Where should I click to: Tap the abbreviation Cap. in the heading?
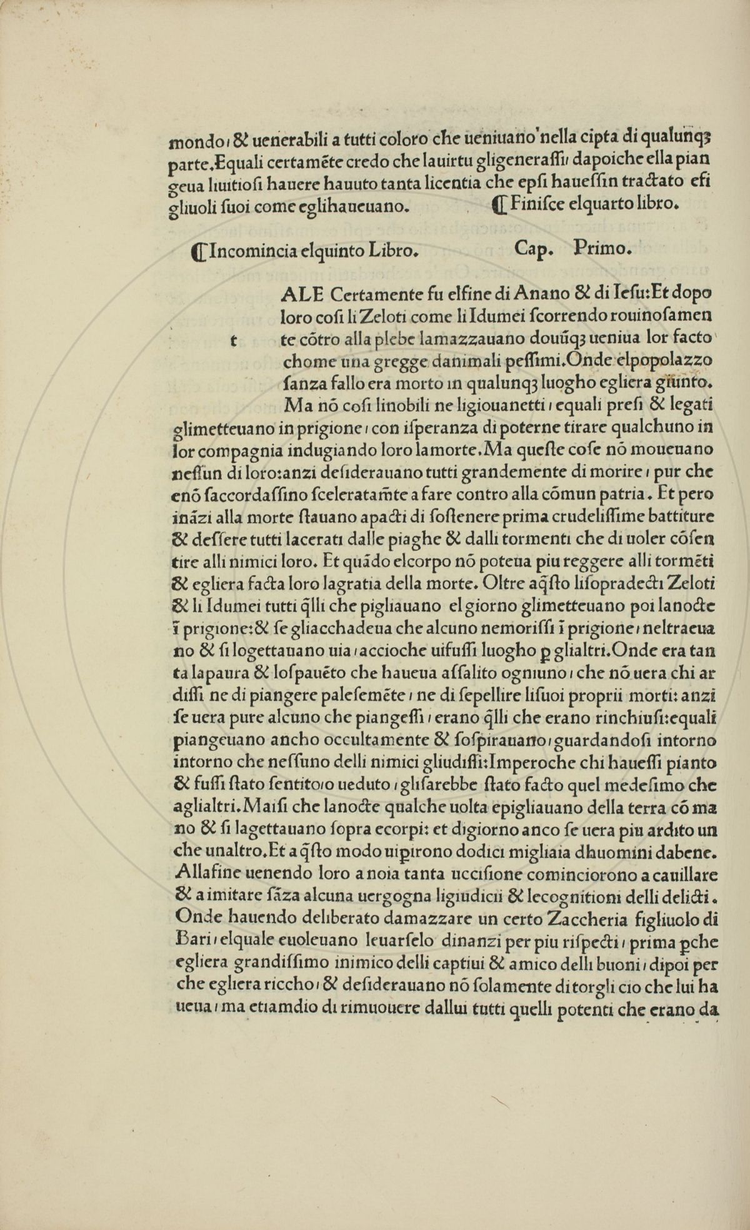point(534,249)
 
